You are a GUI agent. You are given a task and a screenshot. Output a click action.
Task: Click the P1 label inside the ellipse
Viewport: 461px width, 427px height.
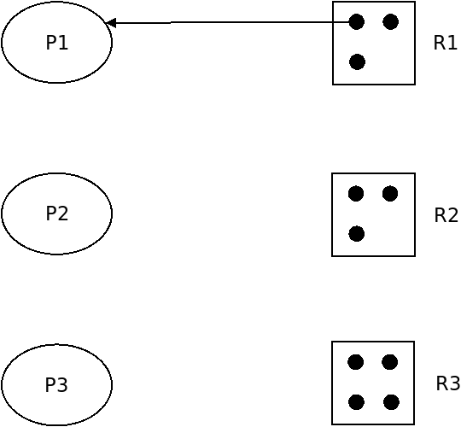click(57, 43)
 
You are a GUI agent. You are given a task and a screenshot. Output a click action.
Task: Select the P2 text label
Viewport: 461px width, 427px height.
click(57, 213)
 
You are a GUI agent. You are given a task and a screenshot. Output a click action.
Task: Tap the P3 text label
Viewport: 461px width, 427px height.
click(56, 384)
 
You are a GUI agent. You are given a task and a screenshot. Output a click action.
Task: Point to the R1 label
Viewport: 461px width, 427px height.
click(446, 43)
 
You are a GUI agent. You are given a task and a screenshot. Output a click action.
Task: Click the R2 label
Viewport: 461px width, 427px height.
click(446, 215)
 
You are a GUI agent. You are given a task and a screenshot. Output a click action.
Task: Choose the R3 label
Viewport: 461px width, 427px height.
click(448, 383)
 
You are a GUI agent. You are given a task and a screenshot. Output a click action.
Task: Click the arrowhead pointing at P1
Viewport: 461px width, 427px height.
click(110, 23)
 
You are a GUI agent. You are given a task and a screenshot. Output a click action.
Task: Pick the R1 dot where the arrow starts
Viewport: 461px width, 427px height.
click(357, 21)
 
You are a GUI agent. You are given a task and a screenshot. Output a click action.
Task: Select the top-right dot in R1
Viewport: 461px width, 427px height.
click(391, 21)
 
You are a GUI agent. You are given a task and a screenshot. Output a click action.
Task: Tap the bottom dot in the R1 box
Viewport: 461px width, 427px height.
click(357, 62)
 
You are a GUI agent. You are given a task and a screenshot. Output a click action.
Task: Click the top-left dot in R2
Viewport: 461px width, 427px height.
click(356, 194)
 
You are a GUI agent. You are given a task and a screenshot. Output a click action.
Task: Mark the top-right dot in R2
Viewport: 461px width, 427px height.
click(390, 194)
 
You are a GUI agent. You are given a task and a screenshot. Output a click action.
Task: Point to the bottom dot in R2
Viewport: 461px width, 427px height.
click(357, 234)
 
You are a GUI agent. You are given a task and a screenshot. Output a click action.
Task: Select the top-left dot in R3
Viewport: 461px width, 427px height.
click(356, 362)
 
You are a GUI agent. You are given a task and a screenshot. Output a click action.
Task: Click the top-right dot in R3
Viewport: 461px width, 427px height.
click(390, 362)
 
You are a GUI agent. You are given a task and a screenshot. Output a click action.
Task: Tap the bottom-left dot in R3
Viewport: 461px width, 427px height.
click(356, 402)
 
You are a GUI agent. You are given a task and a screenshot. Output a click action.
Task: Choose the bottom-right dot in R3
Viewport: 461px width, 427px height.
click(391, 402)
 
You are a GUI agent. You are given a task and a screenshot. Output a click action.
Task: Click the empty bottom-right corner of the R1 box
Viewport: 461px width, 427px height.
click(415, 85)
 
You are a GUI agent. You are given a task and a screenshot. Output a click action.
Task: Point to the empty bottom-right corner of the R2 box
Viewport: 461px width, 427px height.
click(415, 256)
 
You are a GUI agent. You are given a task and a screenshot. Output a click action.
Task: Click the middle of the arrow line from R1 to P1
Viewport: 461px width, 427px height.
click(230, 22)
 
